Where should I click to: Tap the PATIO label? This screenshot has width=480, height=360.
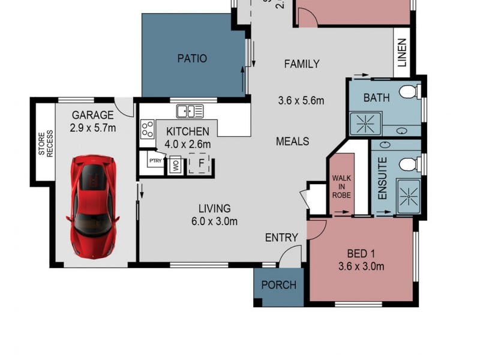pyautogui.click(x=192, y=59)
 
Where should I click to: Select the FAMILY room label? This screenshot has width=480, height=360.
pyautogui.click(x=301, y=64)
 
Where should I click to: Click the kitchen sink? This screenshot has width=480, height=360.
pyautogui.click(x=190, y=111)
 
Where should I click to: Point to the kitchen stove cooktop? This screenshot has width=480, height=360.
pyautogui.click(x=147, y=128)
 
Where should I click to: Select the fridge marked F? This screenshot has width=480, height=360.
pyautogui.click(x=200, y=163)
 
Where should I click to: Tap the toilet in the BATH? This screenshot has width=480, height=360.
pyautogui.click(x=409, y=92)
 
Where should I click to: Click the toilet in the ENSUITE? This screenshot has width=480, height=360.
pyautogui.click(x=409, y=163)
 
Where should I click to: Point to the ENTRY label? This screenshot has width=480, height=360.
pyautogui.click(x=281, y=238)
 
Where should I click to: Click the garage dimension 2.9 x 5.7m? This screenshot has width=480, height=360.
pyautogui.click(x=93, y=127)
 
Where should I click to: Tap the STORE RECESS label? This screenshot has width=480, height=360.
pyautogui.click(x=46, y=145)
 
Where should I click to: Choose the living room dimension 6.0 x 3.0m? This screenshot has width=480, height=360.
pyautogui.click(x=215, y=221)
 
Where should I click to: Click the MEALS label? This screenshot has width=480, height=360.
pyautogui.click(x=292, y=142)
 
